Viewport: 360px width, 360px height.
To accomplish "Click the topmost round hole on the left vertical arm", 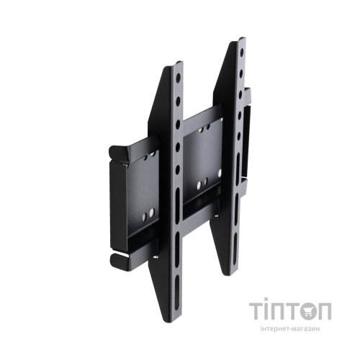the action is click(178, 77).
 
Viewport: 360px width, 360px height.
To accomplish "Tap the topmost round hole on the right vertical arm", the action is click(242, 52).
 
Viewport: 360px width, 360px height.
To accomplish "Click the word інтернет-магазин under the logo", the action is click(289, 329).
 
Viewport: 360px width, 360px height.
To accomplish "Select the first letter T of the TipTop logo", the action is click(256, 311).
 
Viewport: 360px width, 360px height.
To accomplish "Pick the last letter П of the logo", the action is click(324, 311).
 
